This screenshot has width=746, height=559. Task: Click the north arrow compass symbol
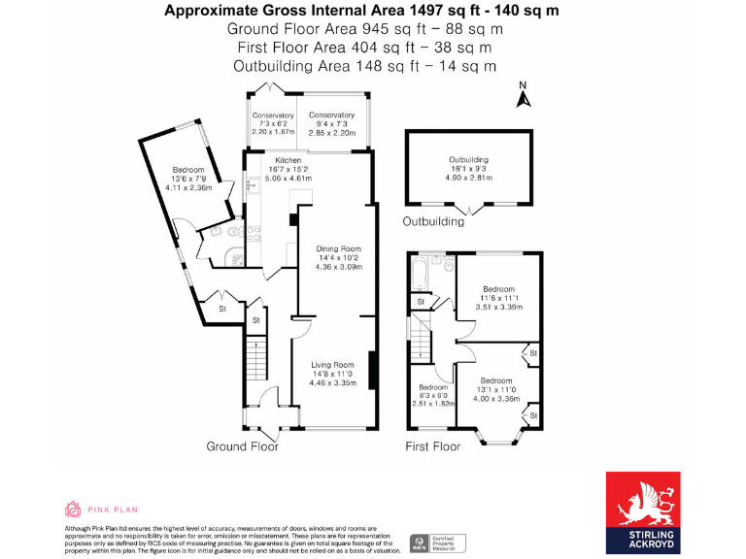[x=522, y=95]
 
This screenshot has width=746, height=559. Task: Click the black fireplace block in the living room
[x=371, y=370]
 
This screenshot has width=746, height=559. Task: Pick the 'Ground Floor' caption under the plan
[x=242, y=446]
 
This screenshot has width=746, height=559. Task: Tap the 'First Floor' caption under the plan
[x=432, y=446]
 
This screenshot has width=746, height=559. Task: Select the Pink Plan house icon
[x=73, y=509]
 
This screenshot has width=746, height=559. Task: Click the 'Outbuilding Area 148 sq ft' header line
[x=364, y=65]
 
